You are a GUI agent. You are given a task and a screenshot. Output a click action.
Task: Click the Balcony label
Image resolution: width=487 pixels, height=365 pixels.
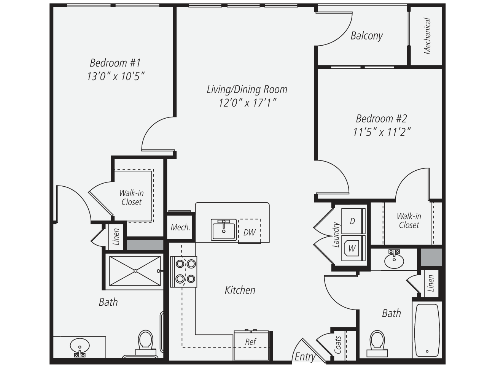[366, 36]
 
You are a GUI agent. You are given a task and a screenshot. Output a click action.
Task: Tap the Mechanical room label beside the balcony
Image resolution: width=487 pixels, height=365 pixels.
[427, 36]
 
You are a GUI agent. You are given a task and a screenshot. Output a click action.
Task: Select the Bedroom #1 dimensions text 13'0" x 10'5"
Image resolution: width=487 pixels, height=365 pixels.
[116, 76]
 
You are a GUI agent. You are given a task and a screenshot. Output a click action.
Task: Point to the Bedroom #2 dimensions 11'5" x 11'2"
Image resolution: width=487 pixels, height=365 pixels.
[382, 132]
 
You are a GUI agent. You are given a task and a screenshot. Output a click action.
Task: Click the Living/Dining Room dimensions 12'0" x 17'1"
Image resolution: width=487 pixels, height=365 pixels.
[247, 103]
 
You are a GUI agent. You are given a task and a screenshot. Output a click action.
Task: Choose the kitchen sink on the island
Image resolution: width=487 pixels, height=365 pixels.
[224, 230]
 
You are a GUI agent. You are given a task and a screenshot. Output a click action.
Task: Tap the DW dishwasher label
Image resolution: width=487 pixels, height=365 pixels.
[250, 232]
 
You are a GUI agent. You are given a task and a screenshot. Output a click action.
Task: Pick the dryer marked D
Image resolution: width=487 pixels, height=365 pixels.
[353, 221]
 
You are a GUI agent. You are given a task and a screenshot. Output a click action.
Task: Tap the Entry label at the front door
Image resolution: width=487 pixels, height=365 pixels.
[305, 357]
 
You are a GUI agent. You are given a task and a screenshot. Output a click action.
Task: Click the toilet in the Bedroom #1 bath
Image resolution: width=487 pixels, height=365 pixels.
[145, 341]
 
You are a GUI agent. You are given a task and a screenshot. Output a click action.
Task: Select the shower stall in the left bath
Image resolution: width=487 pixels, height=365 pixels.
[135, 271]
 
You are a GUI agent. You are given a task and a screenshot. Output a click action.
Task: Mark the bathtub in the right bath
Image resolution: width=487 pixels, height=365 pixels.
[427, 329]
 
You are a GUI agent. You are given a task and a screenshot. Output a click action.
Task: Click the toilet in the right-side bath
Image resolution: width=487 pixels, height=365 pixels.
[377, 341]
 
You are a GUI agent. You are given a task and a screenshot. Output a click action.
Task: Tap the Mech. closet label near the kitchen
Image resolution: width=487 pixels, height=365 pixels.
[180, 227]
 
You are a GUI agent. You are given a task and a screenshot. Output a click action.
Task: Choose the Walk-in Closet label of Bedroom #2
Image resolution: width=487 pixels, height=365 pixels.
[409, 221]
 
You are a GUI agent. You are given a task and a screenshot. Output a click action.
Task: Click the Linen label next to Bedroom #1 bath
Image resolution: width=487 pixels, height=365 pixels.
[116, 236]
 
